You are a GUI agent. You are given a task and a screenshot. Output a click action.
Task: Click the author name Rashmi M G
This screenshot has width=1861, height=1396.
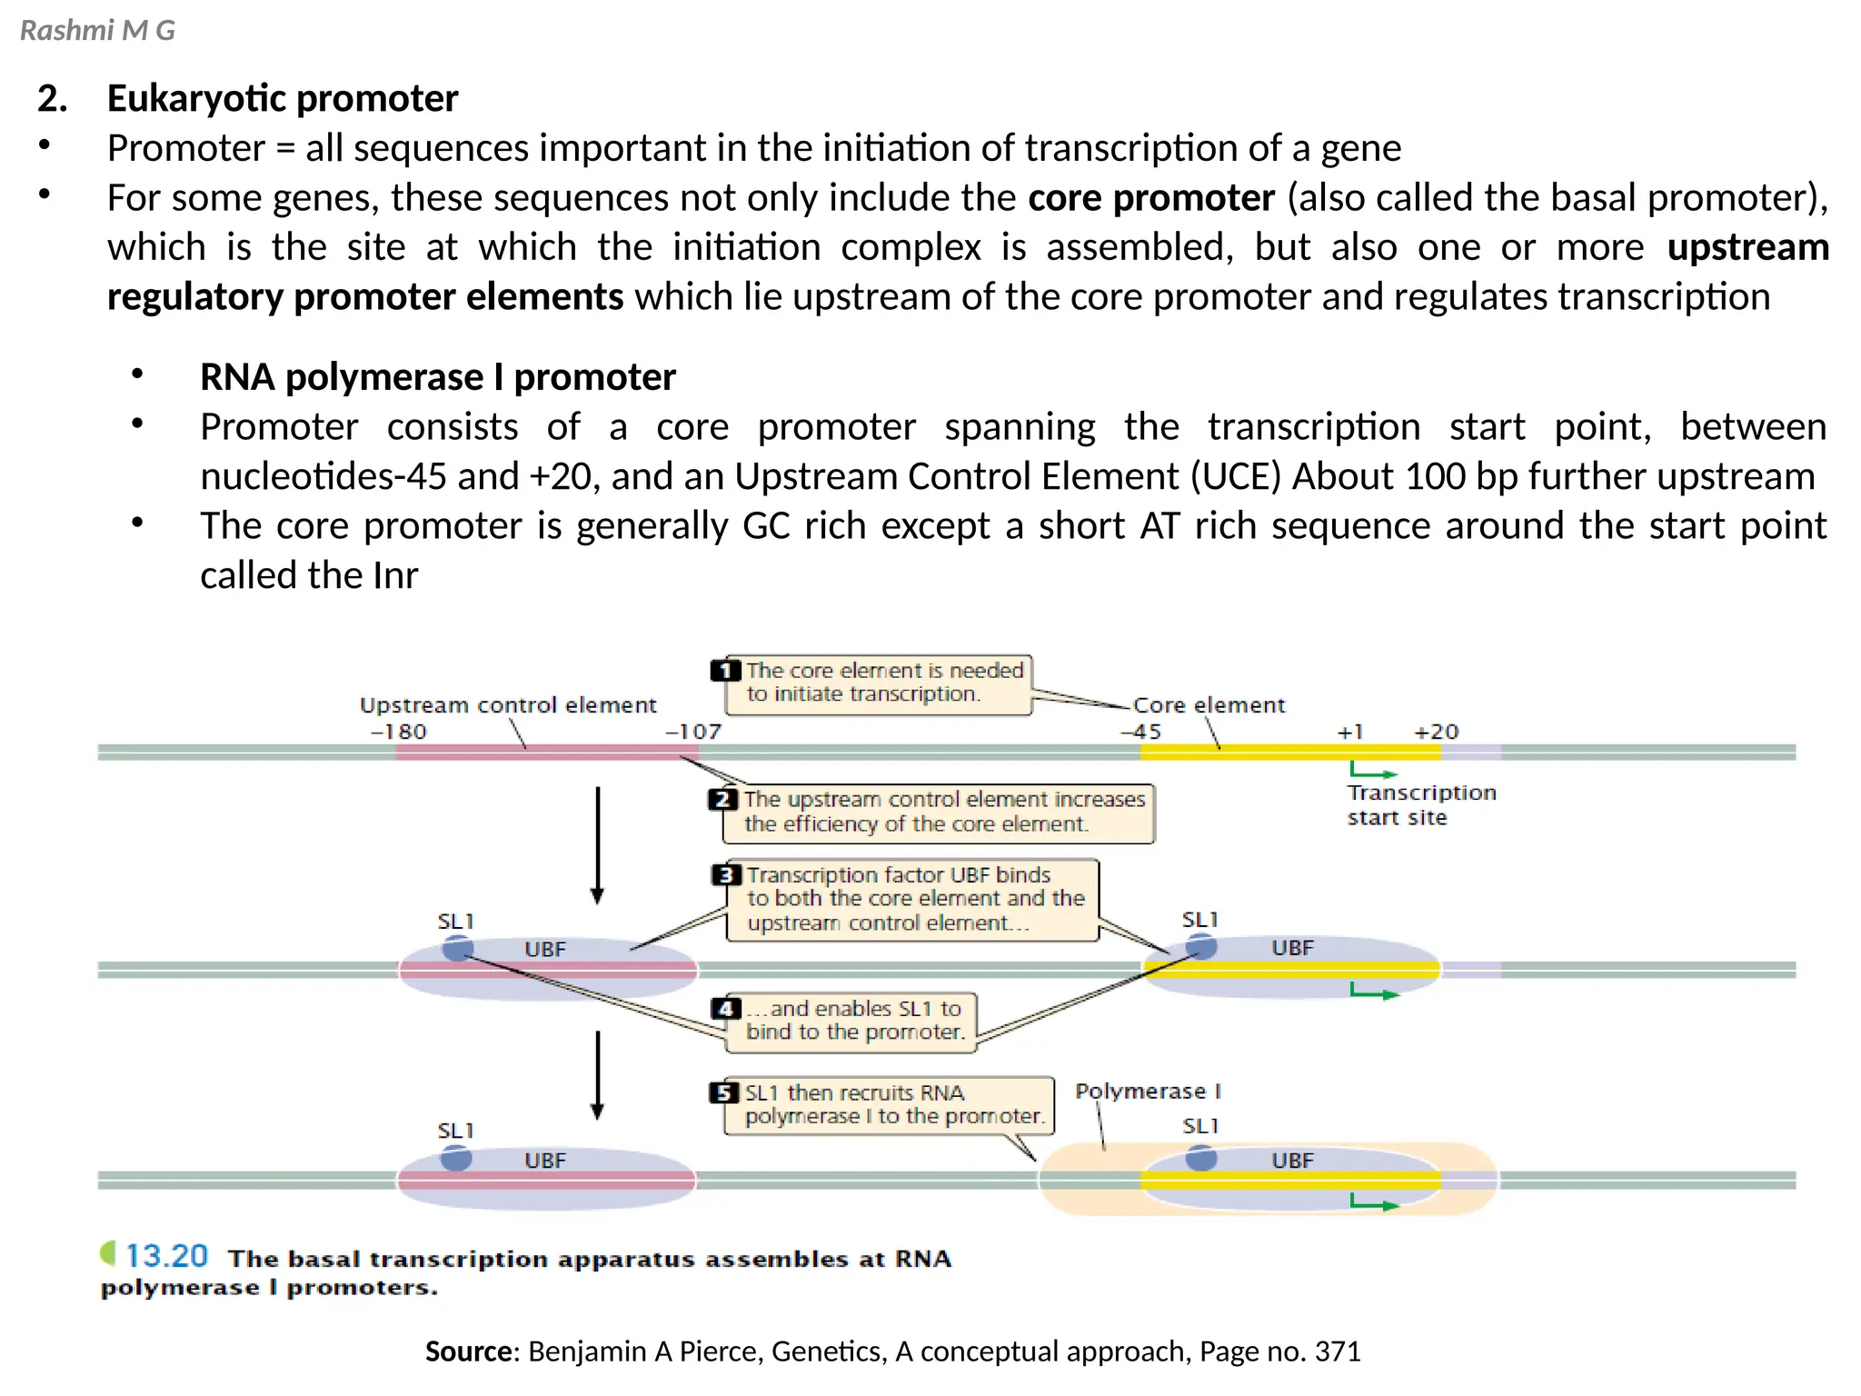pos(97,31)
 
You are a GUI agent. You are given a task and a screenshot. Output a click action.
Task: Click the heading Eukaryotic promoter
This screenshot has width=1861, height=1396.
pos(282,98)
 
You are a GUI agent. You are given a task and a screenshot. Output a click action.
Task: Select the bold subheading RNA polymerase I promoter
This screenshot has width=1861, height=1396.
pos(437,377)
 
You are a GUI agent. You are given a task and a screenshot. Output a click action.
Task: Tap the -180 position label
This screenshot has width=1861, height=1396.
pos(398,732)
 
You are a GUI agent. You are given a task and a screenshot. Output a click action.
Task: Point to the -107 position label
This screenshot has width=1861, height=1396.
pos(693,732)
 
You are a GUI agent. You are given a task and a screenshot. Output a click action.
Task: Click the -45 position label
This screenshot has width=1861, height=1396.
pos(1140,732)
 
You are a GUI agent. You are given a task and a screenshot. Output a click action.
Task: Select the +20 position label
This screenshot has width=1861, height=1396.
pos(1436,732)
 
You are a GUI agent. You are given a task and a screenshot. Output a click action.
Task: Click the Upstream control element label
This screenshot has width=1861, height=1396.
pos(507,705)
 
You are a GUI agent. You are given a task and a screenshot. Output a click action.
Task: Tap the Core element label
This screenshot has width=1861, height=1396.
pos(1209,705)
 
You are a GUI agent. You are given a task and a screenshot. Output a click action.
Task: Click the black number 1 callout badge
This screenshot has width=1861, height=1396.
pos(725,671)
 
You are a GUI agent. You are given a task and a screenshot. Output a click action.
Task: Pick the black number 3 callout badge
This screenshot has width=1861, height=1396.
pos(725,875)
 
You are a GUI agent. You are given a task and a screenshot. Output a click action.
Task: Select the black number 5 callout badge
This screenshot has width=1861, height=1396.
pos(723,1092)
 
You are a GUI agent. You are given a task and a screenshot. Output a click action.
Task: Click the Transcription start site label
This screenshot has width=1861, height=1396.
pos(1420,805)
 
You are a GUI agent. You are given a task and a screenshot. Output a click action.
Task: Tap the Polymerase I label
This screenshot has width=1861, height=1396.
pos(1148,1091)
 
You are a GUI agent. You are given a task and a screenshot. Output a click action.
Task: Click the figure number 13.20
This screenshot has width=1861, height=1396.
pos(166,1256)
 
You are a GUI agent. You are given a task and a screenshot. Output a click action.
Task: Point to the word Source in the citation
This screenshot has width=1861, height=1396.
pos(470,1351)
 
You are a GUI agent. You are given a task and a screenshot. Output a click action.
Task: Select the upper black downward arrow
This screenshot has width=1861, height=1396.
pos(597,844)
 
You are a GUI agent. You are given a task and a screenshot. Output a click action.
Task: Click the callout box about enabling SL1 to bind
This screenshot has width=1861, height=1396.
pos(851,1022)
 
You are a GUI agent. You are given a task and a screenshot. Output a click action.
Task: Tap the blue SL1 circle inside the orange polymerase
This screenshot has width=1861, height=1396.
pos(1200,1158)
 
